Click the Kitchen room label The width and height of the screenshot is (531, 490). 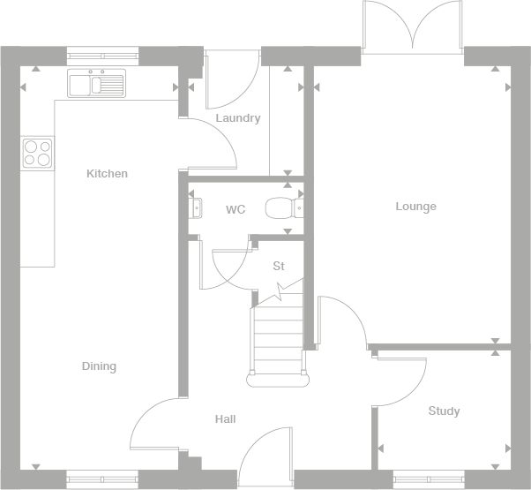point(107,174)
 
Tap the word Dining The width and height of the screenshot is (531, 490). point(99,366)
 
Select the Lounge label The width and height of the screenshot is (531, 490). point(415,207)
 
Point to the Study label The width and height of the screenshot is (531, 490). point(444,411)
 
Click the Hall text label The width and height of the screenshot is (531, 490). point(225,419)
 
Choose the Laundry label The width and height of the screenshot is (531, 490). point(238,118)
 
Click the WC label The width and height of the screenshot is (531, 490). point(235,210)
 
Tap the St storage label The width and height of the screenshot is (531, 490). point(279,266)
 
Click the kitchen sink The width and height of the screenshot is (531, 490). point(98,85)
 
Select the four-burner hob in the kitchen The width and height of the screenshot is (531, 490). point(37,153)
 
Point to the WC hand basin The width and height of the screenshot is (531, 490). point(196,208)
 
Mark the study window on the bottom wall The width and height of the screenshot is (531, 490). point(429,479)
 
